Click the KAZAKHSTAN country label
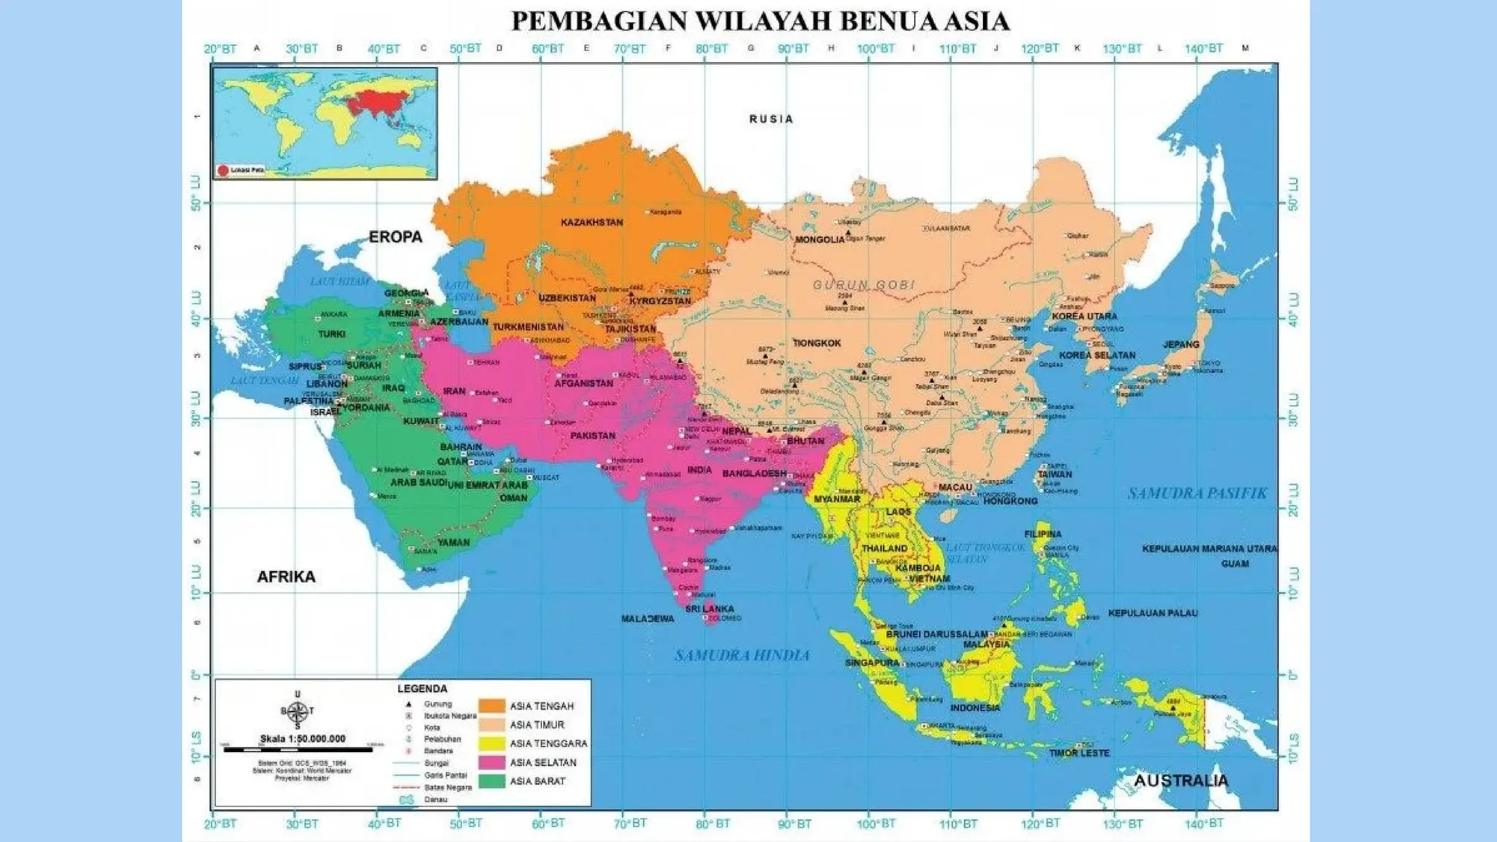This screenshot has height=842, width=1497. point(592,222)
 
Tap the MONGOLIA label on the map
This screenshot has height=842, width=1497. point(819,240)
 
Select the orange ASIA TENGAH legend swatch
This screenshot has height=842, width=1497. point(492,706)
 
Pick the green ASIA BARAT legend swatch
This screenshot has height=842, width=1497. point(492,781)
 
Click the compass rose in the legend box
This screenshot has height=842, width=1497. point(297,710)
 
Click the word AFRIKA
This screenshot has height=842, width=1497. point(286,577)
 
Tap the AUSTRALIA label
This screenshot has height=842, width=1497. point(1180,781)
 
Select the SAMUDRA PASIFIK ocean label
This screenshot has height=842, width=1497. point(1197,493)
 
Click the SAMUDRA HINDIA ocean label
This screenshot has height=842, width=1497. point(742,656)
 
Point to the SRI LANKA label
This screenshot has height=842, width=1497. point(709,609)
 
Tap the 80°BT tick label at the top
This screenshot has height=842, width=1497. point(711,49)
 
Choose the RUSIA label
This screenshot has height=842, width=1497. point(770,119)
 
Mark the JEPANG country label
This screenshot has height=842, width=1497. point(1181,344)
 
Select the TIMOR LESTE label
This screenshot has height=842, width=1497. point(1079,753)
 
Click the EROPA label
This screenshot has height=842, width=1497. point(395,237)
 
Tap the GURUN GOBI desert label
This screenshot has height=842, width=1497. point(863,285)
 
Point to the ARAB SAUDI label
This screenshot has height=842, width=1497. point(418,483)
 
